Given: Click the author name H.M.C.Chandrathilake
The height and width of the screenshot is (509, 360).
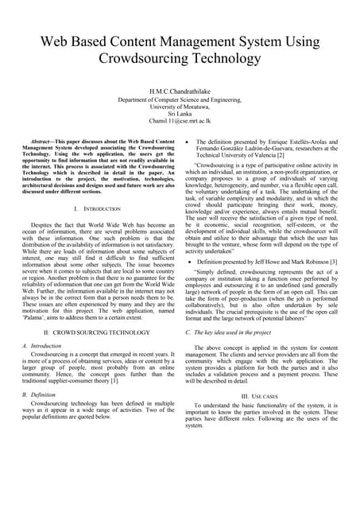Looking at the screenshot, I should pyautogui.click(x=179, y=92).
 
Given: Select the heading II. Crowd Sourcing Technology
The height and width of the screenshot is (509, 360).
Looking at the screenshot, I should pyautogui.click(x=96, y=352).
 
